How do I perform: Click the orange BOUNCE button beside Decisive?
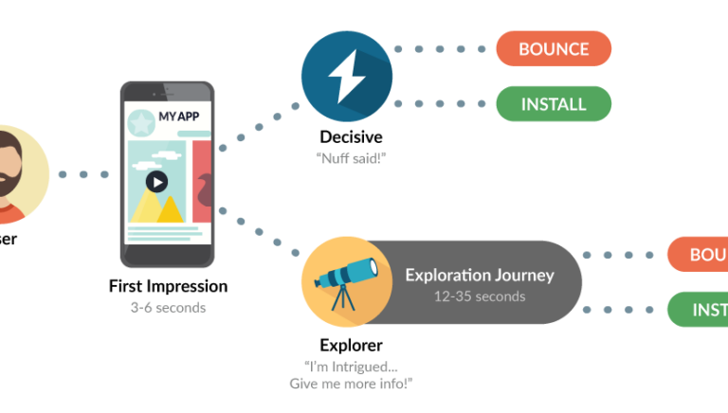coord(554,48)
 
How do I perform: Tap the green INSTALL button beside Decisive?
coord(554,102)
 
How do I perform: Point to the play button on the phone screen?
coord(156,182)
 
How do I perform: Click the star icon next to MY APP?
coord(141,121)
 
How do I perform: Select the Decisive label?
coord(351,138)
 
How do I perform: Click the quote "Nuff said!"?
coord(351,158)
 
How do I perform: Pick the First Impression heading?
coord(168,286)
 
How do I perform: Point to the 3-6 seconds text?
coord(168,307)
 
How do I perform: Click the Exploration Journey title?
coord(479,276)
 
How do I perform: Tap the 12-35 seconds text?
coord(479,296)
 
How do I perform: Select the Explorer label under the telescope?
coord(351,346)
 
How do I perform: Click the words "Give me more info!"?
coord(351,384)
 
